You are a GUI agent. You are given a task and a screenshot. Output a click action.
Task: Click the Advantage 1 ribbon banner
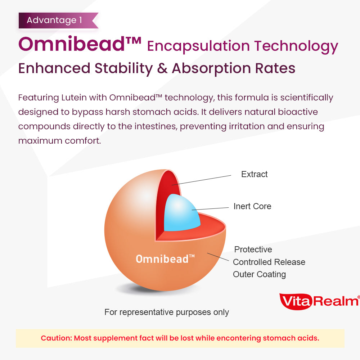(58, 21)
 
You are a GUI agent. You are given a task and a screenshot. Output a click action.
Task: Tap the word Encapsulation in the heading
(198, 46)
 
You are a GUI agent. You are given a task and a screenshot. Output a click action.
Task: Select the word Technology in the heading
(296, 46)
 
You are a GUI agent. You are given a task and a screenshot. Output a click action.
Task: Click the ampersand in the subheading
(162, 68)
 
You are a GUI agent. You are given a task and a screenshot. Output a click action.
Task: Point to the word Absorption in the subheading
(211, 69)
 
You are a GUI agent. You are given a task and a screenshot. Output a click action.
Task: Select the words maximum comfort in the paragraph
(59, 140)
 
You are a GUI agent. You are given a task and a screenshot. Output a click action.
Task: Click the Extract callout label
(255, 174)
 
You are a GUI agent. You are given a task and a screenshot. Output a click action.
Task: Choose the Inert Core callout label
(252, 206)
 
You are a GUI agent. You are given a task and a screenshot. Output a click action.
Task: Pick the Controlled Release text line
(269, 262)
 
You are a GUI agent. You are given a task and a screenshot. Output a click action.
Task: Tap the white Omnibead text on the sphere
(165, 258)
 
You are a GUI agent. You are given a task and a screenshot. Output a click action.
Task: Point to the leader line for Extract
(201, 180)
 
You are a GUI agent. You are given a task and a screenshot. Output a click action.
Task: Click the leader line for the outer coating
(218, 257)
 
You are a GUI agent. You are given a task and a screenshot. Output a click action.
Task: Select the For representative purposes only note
(167, 312)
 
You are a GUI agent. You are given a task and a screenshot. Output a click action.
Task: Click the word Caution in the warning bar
(57, 338)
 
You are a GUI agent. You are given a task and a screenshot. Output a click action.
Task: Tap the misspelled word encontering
(239, 338)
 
